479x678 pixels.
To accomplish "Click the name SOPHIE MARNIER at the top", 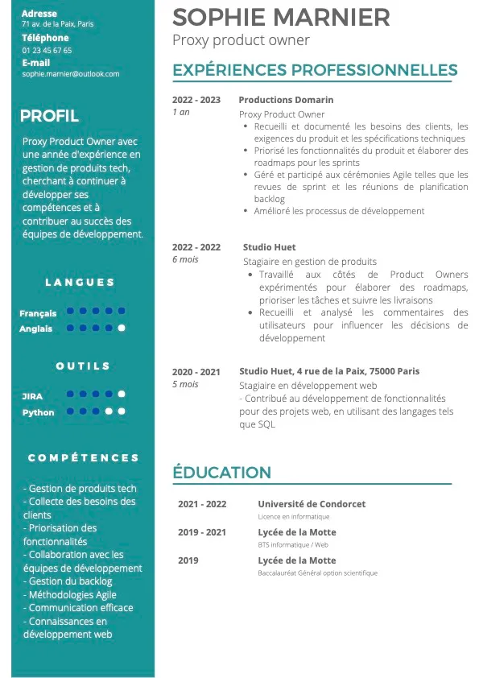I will coord(281,17).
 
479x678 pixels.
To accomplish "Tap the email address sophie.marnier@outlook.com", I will coord(71,73).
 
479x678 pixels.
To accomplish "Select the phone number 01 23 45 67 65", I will coord(47,50).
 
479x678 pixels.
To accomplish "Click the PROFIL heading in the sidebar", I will coord(49,116).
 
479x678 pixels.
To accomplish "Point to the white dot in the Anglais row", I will coord(122,328).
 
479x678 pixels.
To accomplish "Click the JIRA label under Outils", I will coord(32,396).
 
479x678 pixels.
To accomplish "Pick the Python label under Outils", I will coord(38,412).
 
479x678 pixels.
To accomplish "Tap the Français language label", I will coord(38,313).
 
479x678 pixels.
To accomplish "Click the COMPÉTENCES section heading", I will coord(83,457).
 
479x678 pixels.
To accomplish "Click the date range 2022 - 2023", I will coord(196,100).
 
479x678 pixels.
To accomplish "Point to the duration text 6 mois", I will coord(185,259).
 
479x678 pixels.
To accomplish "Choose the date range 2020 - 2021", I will coord(196,372).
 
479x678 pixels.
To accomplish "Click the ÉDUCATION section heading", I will coord(221,473).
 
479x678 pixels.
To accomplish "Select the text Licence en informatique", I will coord(293,517).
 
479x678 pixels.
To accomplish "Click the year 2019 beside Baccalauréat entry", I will coord(188,560).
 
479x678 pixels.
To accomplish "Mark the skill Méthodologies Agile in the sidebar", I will coord(70,594).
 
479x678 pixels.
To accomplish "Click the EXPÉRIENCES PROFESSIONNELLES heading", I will coord(315,70).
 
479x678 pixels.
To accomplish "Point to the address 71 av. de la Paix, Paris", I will coord(57,24).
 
